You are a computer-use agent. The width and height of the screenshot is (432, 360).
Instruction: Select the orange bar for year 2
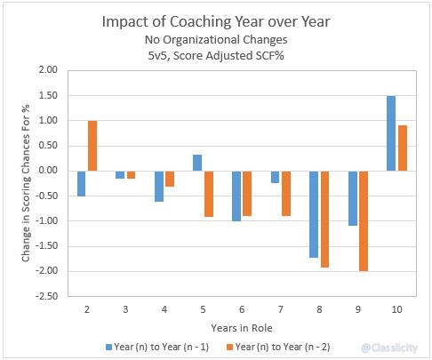point(92,146)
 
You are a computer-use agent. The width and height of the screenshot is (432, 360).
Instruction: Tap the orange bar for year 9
point(364,220)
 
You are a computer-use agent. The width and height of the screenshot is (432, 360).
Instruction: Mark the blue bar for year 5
point(197,163)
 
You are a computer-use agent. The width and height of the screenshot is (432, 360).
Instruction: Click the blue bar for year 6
point(236,196)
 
